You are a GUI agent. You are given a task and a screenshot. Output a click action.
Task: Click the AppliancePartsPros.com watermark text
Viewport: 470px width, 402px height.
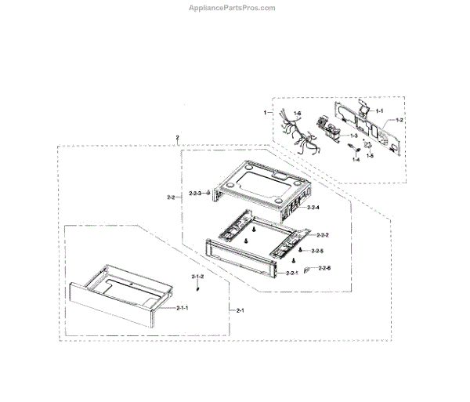point(233,8)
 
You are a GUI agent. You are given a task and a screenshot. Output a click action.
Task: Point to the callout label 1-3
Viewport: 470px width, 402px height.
point(352,136)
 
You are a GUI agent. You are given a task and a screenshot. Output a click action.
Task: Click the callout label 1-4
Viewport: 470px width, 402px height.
point(356,160)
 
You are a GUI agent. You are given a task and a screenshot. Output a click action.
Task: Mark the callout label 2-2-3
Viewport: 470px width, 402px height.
point(196,193)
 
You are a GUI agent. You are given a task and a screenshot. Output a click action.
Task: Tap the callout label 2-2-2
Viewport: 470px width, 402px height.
point(321,235)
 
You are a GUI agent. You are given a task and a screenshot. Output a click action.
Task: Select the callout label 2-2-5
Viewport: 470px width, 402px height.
point(316,251)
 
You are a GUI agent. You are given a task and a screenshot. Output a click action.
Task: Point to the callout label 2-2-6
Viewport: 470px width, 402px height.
point(323,268)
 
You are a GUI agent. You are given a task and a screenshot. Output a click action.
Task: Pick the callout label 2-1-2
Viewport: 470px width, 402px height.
point(197,277)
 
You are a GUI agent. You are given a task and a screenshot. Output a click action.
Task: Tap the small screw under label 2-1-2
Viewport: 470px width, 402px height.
point(197,288)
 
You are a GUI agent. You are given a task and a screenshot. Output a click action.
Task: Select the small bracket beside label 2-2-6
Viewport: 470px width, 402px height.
point(306,269)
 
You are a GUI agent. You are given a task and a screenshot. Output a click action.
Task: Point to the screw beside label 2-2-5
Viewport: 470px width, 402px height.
point(300,250)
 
